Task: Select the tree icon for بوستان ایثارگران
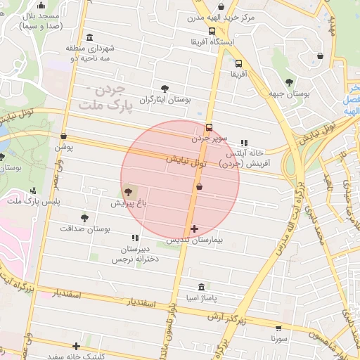point(165,89)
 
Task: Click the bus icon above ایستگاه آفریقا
point(212,31)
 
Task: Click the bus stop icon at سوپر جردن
point(209,127)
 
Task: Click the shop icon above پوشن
point(64,136)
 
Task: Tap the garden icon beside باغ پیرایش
point(128,191)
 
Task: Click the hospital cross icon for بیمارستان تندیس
point(194,229)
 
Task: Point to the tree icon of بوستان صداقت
point(85,218)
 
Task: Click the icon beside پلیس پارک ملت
point(33,191)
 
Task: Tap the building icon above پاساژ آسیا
point(202,287)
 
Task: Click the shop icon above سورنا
point(279,328)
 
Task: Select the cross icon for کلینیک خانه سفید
point(76,346)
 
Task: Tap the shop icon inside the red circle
point(200,187)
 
